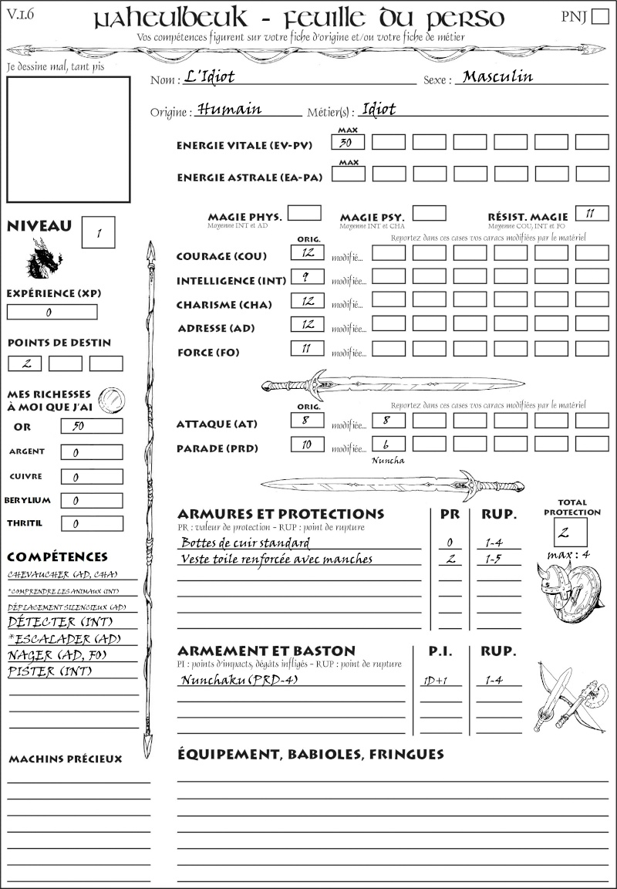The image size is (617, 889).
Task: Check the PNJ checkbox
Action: [598, 17]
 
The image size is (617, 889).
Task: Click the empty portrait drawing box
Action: [68, 138]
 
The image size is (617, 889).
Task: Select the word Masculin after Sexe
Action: [497, 76]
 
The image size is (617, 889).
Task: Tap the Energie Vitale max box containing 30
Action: [348, 143]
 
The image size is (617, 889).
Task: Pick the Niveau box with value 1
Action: [99, 232]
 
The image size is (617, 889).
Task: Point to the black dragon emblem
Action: [45, 258]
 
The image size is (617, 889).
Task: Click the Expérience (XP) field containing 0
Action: [52, 313]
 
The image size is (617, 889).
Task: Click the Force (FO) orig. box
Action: [307, 349]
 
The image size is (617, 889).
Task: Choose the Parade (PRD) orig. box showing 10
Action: [307, 444]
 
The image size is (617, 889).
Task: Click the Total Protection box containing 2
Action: [570, 532]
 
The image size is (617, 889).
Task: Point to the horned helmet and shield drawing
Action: [570, 590]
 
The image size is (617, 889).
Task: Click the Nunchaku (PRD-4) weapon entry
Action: [239, 680]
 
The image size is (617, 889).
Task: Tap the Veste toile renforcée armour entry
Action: [276, 559]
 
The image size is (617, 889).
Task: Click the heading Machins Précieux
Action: [66, 759]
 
